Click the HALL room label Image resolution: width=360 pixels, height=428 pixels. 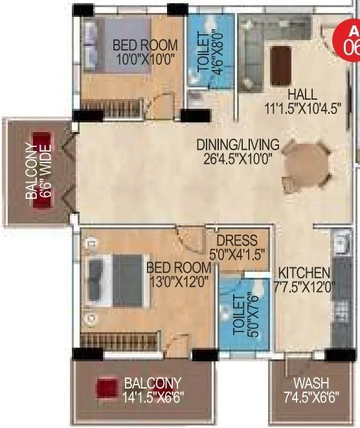tap(303, 94)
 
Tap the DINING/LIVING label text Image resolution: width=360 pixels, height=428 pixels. tap(238, 144)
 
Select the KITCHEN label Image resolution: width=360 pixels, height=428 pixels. tap(304, 273)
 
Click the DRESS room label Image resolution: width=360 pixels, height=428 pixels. tap(237, 240)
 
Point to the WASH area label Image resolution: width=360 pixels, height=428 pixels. tap(310, 383)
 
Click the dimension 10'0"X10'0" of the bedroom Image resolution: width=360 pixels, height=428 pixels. tap(145, 59)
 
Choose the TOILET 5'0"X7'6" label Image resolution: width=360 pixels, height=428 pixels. tap(242, 313)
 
